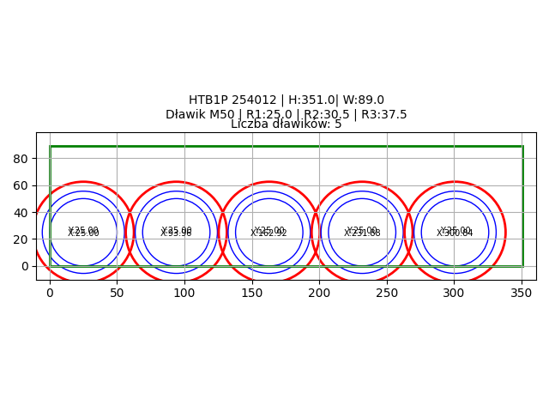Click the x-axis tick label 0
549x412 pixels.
point(50,293)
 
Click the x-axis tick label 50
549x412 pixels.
point(117,293)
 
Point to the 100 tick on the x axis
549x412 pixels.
point(184,293)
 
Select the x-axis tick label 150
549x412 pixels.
point(252,293)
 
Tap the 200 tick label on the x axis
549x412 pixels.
point(319,293)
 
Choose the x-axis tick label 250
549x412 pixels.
point(387,293)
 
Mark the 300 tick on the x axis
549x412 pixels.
point(454,293)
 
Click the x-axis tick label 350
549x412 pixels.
point(522,293)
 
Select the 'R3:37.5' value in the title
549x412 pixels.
point(383,114)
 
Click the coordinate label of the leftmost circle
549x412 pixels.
point(83,232)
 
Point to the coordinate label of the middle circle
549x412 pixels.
point(268,232)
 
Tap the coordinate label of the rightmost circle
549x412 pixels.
point(455,232)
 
